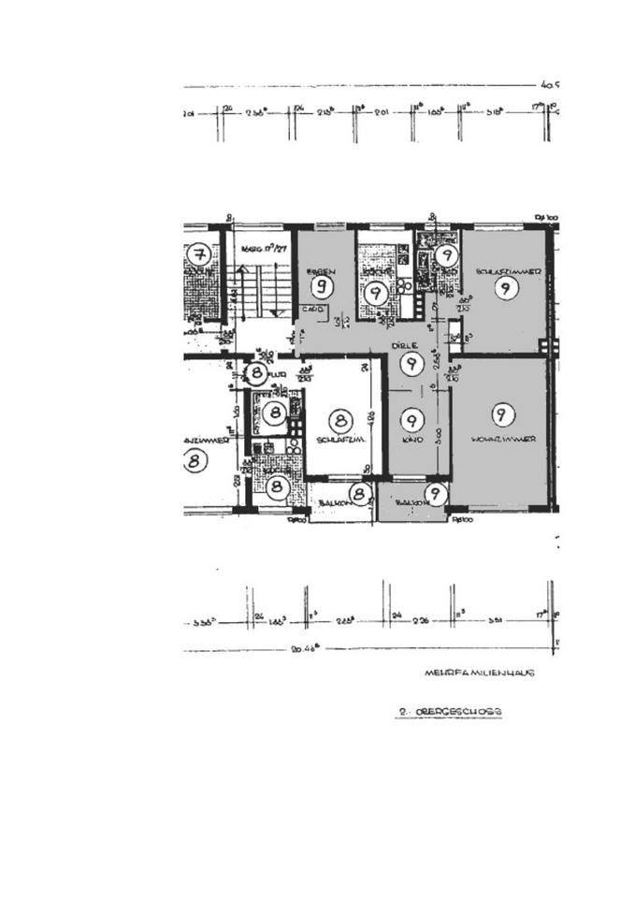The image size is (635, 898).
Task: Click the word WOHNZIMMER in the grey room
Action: [503, 439]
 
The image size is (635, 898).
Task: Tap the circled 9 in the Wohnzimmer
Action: [503, 414]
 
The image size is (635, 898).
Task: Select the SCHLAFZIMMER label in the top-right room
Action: [509, 270]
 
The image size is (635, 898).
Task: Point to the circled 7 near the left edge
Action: [197, 254]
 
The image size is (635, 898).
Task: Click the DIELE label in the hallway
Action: [403, 344]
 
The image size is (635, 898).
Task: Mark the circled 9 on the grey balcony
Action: [436, 493]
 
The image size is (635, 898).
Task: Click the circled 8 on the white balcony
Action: [359, 494]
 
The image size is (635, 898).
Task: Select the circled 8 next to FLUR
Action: [258, 372]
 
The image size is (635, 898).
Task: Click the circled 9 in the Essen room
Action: [324, 285]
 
